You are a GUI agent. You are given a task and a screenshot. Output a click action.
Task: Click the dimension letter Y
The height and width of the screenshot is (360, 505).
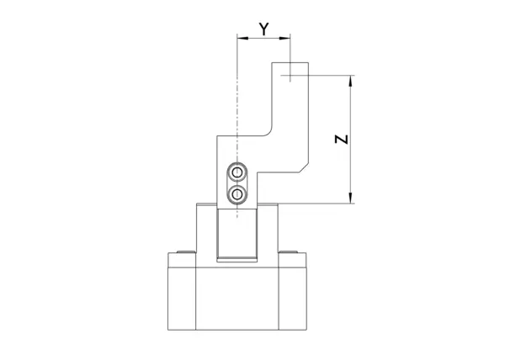263,29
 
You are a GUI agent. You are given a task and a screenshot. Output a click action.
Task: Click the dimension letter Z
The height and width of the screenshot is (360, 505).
342,140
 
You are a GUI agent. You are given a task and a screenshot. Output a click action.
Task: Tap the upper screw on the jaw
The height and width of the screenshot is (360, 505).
237,172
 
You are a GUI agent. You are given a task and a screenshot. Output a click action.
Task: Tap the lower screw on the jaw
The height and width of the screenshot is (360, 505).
237,194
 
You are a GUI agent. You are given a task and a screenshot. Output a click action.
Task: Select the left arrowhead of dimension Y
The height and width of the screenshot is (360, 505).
242,39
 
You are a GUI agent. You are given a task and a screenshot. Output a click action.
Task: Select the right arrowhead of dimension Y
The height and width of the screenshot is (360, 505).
284,39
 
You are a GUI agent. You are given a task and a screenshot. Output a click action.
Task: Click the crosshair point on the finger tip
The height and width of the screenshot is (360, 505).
290,76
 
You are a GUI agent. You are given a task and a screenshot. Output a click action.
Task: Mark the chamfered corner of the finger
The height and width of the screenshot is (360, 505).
304,167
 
